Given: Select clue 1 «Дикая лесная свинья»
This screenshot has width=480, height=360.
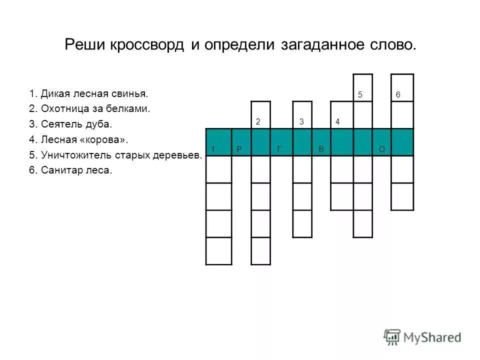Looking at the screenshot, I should click(x=88, y=93).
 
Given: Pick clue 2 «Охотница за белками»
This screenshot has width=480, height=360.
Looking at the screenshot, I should click(x=89, y=108).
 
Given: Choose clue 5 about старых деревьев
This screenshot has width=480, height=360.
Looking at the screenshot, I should click(x=115, y=155).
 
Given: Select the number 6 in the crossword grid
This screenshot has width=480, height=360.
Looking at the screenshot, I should click(x=398, y=95).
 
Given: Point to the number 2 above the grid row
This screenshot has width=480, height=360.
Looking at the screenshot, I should click(x=257, y=121).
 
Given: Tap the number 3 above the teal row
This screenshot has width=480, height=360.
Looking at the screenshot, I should click(x=301, y=121).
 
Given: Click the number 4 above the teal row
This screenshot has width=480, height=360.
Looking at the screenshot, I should click(x=338, y=121).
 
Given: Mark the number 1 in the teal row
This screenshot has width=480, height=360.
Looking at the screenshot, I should click(x=213, y=149).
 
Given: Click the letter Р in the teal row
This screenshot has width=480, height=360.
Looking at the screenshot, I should click(x=239, y=149).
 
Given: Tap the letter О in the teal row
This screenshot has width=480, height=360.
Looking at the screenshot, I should click(x=381, y=149).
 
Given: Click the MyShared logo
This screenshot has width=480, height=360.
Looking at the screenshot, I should click(x=422, y=337).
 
